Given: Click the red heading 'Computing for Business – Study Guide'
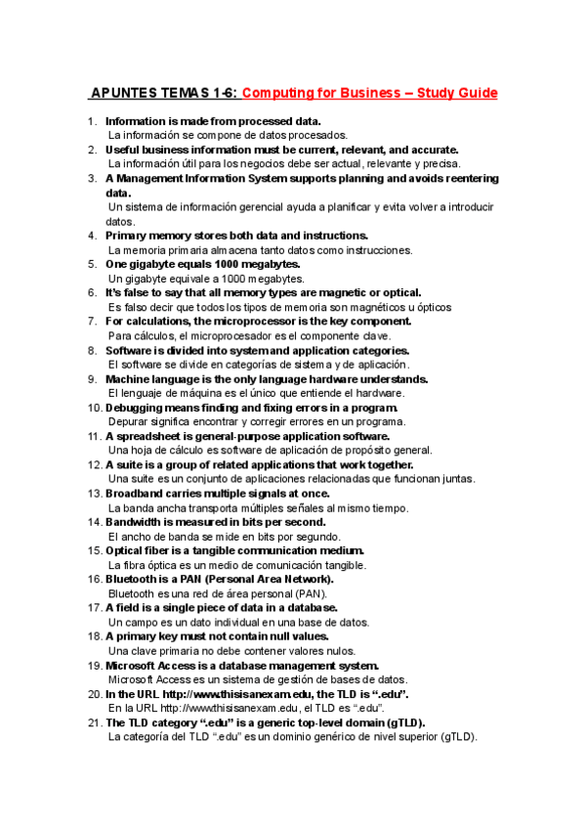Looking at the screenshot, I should coord(369,94).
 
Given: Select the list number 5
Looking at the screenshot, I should coord(93,264).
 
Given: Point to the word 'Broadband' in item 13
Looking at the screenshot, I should coord(136,494).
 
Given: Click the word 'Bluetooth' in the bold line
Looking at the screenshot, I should coord(132,580).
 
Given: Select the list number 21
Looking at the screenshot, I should coord(94,723).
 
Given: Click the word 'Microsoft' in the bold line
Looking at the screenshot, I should coord(134,666).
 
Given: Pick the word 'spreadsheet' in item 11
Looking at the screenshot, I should coord(148,436).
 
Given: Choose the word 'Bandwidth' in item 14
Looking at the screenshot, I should coord(136,522).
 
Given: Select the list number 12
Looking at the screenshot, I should coord(94,464).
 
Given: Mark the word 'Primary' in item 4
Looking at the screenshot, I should coord(128,236).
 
